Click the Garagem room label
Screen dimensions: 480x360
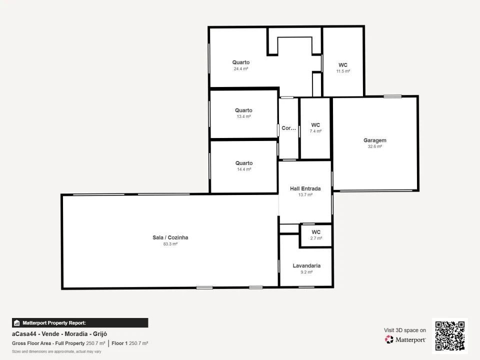(x=374, y=140)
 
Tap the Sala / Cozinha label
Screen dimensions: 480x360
(x=170, y=237)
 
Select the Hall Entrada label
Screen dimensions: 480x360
(x=305, y=188)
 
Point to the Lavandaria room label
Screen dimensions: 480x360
(x=306, y=265)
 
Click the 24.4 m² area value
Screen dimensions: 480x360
(x=241, y=69)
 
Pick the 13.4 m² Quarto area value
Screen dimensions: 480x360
(x=243, y=116)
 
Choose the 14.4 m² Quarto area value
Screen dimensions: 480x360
(x=244, y=169)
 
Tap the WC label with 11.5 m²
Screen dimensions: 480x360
(x=343, y=65)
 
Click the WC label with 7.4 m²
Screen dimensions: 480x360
(x=315, y=125)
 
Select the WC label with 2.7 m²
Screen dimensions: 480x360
(x=316, y=232)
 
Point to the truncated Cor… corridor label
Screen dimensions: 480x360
(x=288, y=128)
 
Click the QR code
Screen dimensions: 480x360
(x=450, y=336)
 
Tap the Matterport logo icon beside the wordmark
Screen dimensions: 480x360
(x=389, y=339)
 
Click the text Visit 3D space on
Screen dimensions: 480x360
(x=405, y=330)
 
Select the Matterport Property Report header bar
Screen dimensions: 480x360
(x=80, y=323)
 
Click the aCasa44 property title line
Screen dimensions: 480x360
(x=59, y=334)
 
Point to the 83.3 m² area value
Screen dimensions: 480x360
(x=170, y=244)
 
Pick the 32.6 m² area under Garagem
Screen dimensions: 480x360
(x=374, y=146)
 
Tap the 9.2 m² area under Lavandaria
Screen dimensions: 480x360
(x=306, y=272)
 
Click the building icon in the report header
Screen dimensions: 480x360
(x=17, y=323)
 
